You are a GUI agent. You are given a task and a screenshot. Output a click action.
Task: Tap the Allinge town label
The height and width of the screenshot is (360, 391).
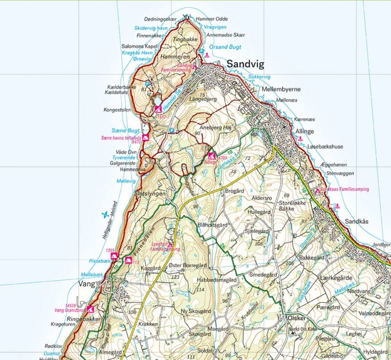(307, 132)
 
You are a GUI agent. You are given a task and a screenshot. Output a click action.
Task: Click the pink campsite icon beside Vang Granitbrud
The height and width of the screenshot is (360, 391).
(90, 309)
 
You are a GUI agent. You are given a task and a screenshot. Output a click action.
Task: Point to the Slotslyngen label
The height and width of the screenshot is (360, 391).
(150, 193)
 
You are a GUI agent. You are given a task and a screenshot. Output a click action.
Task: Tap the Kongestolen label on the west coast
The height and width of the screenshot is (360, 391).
(117, 110)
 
